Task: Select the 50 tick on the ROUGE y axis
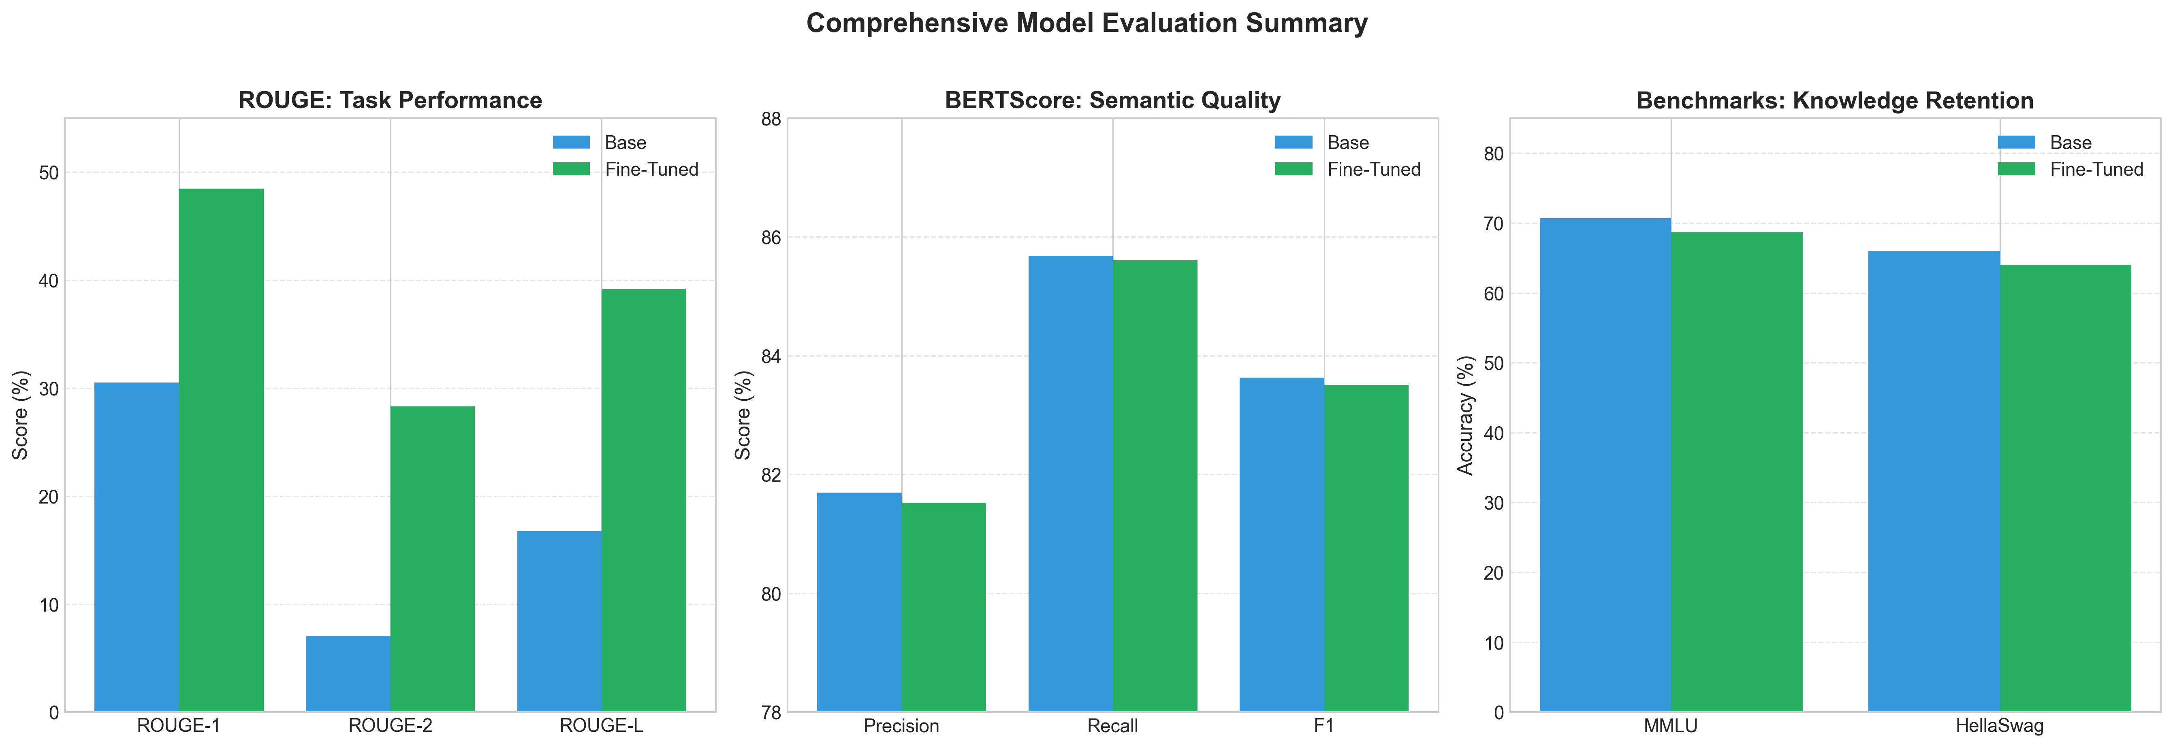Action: [49, 173]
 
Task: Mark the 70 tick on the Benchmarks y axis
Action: [1493, 223]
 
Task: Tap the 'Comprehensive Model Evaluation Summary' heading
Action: [1086, 23]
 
